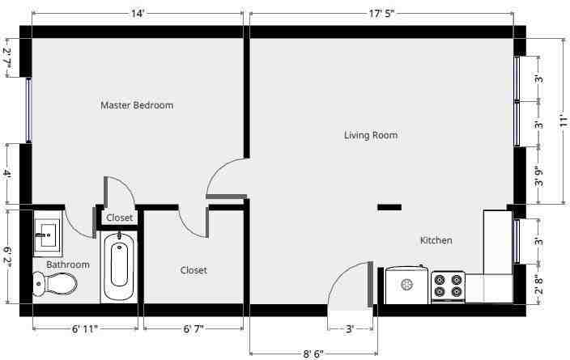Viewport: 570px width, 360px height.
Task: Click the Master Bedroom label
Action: point(137,105)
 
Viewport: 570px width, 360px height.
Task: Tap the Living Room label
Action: point(371,135)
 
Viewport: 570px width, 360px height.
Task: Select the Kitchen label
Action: point(436,240)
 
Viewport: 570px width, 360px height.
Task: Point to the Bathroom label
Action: point(68,265)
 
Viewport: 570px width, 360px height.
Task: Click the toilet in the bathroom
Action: point(55,283)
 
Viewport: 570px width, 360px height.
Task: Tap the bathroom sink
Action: point(47,235)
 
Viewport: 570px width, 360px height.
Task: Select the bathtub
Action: point(119,266)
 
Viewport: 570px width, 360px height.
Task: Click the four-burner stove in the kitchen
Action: point(448,286)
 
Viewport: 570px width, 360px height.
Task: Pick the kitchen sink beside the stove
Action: point(407,285)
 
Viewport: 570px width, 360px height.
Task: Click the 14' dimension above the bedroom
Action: point(138,14)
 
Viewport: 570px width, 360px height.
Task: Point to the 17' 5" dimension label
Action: point(381,14)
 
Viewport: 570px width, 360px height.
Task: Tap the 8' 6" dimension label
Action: point(313,354)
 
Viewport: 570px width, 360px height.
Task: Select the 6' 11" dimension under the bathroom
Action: point(85,329)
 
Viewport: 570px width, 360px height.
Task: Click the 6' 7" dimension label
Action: point(194,329)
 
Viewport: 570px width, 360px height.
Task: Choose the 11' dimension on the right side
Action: point(563,121)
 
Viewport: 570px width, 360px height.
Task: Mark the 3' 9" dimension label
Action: point(539,177)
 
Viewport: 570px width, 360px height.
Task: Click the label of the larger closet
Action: point(194,270)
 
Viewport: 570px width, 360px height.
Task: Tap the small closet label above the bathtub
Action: point(120,218)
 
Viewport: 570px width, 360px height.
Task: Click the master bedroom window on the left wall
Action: point(28,110)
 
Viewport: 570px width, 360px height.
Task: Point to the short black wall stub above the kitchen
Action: point(389,207)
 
